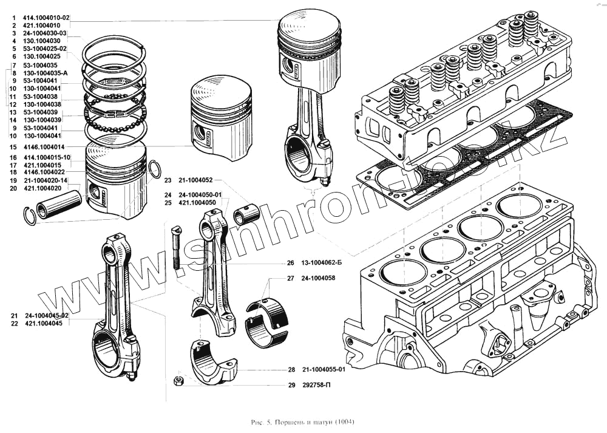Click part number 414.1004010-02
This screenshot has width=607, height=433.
pyautogui.click(x=46, y=18)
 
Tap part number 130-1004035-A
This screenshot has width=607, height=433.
pyautogui.click(x=46, y=73)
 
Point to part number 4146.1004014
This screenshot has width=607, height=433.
pyautogui.click(x=43, y=148)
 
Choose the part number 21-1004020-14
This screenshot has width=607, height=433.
pyautogui.click(x=46, y=181)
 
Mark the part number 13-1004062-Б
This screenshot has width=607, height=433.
pyautogui.click(x=321, y=264)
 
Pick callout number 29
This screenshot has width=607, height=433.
pyautogui.click(x=291, y=385)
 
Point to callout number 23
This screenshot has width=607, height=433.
pyautogui.click(x=168, y=181)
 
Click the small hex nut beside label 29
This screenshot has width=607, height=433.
pyautogui.click(x=179, y=381)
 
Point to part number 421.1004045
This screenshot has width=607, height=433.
pyautogui.click(x=44, y=324)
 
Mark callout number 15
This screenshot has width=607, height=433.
pyautogui.click(x=13, y=148)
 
